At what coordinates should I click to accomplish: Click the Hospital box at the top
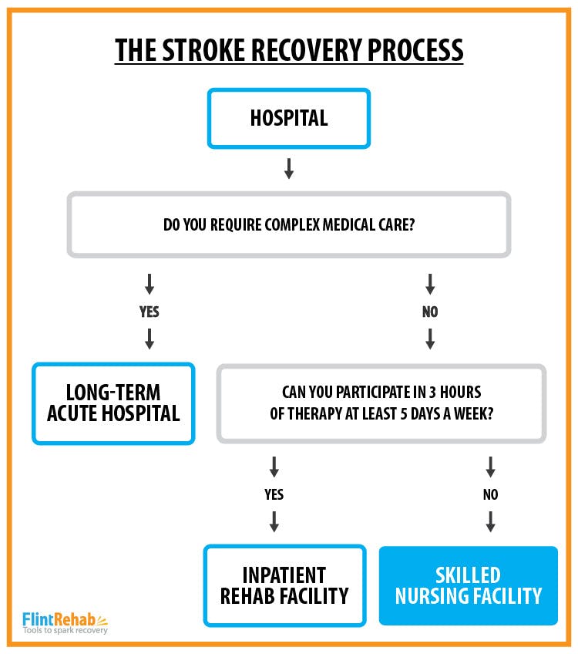289,118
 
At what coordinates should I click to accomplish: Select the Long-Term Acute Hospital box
113,403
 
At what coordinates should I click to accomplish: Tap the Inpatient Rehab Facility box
284,585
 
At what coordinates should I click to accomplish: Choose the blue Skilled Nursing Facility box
469,585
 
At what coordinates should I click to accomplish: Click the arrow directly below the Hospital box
289,168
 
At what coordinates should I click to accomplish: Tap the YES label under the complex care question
150,312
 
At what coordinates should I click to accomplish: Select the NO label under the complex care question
430,312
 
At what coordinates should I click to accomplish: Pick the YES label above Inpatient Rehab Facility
274,494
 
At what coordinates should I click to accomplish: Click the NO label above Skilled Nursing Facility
490,494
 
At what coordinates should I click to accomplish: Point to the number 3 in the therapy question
432,392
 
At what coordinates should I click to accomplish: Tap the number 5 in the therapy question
403,413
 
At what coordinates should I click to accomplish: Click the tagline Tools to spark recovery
65,630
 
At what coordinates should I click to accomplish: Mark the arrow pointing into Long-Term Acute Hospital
150,339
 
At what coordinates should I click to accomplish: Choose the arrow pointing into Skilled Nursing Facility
490,521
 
